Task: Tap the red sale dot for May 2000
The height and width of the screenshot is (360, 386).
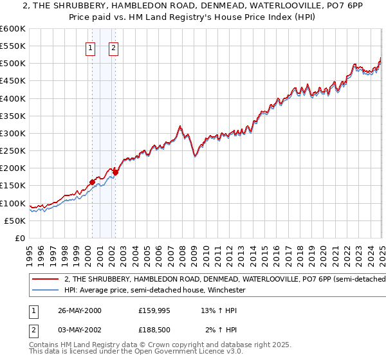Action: pos(92,182)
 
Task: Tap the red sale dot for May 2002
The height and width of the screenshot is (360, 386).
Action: pos(115,172)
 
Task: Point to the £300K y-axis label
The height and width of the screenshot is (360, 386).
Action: pos(13,134)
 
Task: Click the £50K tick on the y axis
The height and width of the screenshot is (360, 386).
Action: pos(15,221)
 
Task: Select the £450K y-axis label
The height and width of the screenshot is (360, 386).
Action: pos(13,81)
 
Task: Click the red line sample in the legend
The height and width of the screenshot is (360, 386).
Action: pos(45,280)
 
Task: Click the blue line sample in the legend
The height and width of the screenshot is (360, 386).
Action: pos(45,291)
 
